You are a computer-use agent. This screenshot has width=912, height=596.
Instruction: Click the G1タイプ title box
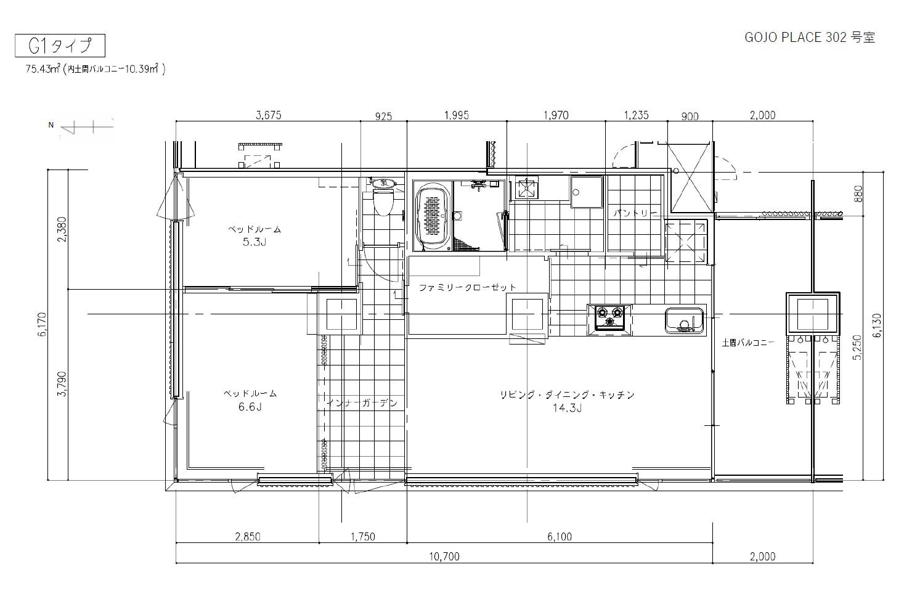pyautogui.click(x=60, y=45)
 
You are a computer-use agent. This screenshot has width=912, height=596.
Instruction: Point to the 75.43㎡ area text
pyautogui.click(x=43, y=69)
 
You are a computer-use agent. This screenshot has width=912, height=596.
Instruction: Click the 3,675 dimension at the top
pyautogui.click(x=268, y=115)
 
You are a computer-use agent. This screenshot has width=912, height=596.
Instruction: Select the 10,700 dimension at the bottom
pyautogui.click(x=444, y=556)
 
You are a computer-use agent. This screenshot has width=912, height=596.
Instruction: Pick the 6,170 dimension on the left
pyautogui.click(x=42, y=324)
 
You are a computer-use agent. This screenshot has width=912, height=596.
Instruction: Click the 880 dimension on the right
pyautogui.click(x=858, y=194)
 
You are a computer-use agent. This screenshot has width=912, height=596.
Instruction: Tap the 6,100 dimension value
pyautogui.click(x=560, y=537)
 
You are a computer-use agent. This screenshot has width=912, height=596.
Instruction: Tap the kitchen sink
pyautogui.click(x=685, y=320)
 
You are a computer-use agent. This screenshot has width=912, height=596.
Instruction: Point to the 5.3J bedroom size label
pyautogui.click(x=254, y=242)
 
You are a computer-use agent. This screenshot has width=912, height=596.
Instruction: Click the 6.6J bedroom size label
pyautogui.click(x=250, y=407)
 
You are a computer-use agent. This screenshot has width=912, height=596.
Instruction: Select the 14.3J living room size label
pyautogui.click(x=567, y=408)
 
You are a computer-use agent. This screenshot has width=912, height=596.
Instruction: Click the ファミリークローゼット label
pyautogui.click(x=467, y=287)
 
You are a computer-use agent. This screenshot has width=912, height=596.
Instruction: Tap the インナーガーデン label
pyautogui.click(x=362, y=403)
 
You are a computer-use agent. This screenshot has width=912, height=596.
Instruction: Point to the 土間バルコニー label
pyautogui.click(x=748, y=343)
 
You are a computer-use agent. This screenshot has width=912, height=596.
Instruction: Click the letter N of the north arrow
pyautogui.click(x=51, y=125)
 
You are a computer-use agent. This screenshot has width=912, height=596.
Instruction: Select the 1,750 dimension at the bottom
pyautogui.click(x=363, y=537)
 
